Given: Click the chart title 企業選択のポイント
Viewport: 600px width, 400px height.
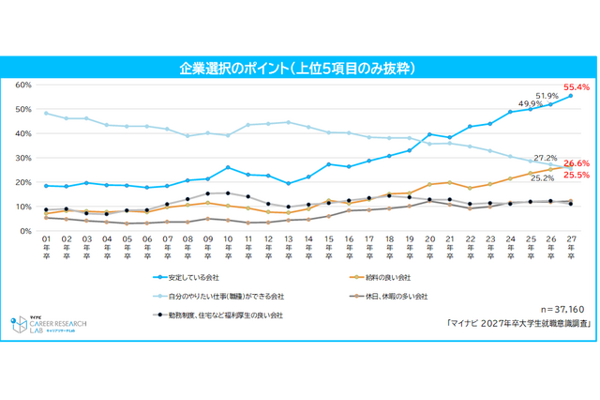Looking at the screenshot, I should pos(299,69).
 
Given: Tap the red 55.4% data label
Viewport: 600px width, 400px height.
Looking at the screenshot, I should pos(576,87).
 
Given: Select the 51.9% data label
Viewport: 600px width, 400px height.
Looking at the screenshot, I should pos(547,96).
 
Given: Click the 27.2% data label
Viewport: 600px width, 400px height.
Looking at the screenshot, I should pos(545,158).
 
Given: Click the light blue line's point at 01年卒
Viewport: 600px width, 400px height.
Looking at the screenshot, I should pos(46,113).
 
